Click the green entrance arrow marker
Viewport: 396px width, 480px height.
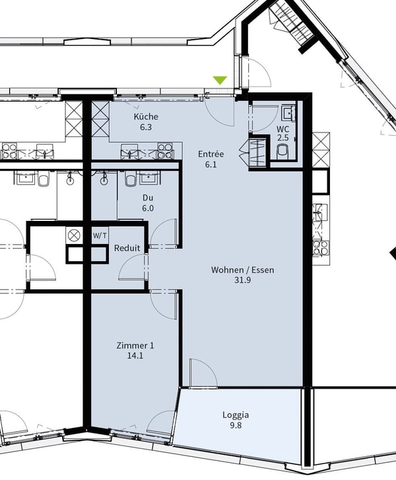coord(220,80)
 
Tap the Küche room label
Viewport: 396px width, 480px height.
coord(146,117)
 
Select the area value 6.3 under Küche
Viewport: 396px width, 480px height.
coord(146,127)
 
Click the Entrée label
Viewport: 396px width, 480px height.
coord(211,154)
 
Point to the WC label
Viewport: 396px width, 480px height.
coord(282,129)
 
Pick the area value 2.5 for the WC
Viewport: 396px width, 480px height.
coord(282,138)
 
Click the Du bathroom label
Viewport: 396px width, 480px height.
coord(148,197)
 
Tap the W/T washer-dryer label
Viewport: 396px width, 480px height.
coord(99,235)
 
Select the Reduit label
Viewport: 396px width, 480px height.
coord(127,249)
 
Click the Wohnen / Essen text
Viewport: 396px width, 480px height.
coord(242,270)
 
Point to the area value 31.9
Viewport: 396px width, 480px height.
coord(242,280)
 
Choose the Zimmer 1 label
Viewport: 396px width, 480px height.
coord(135,345)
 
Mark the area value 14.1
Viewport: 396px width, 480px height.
coord(135,356)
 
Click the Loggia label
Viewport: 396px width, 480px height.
coord(235,415)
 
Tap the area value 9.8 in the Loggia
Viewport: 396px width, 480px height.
coord(235,426)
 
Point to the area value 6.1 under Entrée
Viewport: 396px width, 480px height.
coord(211,165)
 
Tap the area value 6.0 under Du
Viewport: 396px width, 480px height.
coord(148,208)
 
